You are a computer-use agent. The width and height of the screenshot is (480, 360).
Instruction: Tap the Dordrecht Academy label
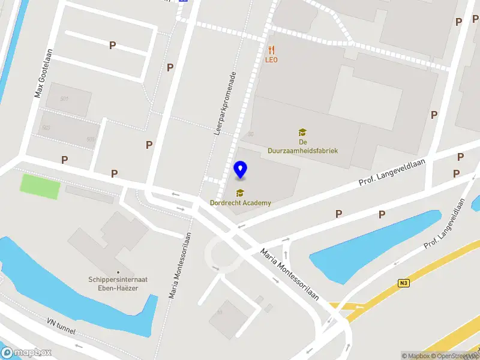point(240,203)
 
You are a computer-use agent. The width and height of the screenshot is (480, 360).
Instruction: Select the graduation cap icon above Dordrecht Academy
point(240,193)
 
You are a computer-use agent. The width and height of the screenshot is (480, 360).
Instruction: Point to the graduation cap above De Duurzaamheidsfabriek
point(302,132)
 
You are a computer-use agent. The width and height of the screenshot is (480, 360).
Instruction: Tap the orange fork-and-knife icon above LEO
point(272,50)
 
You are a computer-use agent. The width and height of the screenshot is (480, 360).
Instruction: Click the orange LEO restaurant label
point(272,60)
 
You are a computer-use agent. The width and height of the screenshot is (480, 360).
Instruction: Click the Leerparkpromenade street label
point(226,103)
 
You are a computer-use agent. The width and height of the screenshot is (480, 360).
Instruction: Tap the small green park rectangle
point(40,186)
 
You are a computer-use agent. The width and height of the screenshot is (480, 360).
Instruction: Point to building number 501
point(65,99)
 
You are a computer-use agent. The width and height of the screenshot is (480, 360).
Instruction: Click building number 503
point(46,128)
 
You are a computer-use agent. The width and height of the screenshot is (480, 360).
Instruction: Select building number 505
point(91,139)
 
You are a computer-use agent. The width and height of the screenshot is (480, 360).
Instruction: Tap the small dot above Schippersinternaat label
point(117,271)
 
